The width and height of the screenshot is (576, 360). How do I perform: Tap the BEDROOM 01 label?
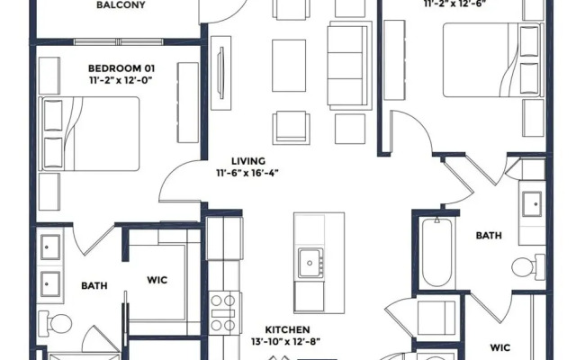(x=121, y=68)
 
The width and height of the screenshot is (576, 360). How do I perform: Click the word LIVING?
(x=247, y=160)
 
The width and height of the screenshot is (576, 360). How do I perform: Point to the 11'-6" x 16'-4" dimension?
(x=247, y=174)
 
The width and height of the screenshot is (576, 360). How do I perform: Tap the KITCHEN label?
(x=288, y=330)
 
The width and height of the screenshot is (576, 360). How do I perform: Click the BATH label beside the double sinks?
(x=94, y=286)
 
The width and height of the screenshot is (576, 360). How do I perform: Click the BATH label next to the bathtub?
(x=489, y=236)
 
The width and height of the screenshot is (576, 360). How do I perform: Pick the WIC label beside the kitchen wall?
(x=157, y=280)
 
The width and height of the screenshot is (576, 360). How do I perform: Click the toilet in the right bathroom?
(x=526, y=265)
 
